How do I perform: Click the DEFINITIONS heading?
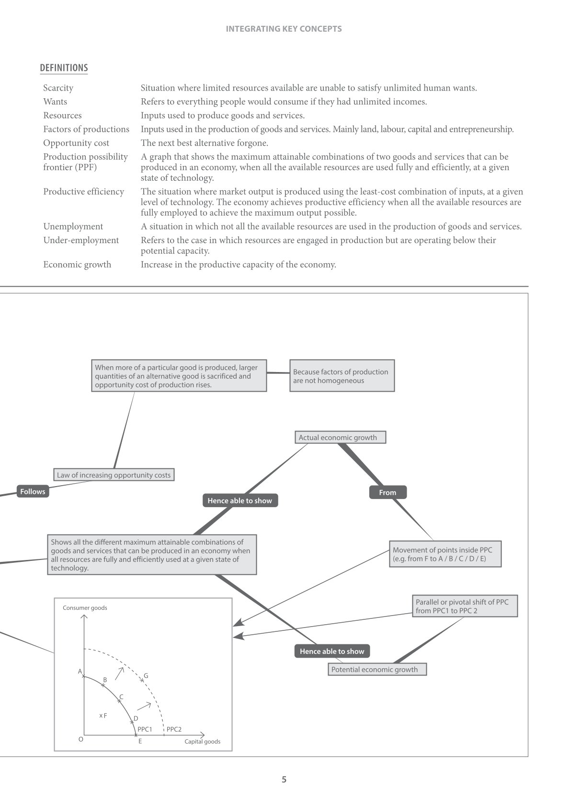(64, 68)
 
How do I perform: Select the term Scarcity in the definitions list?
(58, 88)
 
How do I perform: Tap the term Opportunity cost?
(76, 143)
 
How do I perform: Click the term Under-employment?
(80, 240)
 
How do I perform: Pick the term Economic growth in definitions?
(77, 265)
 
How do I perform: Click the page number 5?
(284, 779)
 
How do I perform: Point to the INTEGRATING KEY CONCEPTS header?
(284, 29)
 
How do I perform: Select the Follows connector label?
(33, 491)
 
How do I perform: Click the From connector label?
(388, 492)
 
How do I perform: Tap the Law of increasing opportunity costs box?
(114, 475)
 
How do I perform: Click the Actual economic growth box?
(340, 437)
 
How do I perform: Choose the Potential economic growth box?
(377, 669)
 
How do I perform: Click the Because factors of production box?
(342, 376)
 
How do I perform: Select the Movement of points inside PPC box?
(445, 554)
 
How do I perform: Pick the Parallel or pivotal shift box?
(465, 606)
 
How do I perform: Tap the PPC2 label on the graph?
(174, 729)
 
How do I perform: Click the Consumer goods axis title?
(85, 608)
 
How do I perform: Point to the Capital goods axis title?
(202, 741)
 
